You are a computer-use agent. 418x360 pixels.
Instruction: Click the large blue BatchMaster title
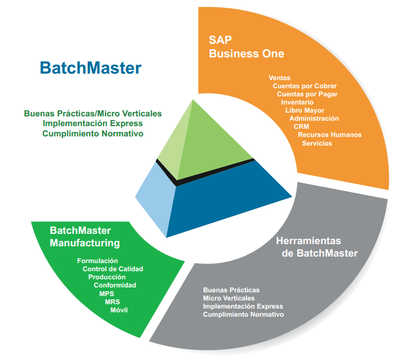click(90, 68)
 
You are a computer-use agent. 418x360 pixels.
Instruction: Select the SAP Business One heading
click(246, 47)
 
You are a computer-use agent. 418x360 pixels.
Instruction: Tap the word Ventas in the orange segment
click(279, 78)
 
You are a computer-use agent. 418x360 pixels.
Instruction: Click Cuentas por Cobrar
click(305, 86)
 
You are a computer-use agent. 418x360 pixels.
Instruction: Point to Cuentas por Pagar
click(307, 94)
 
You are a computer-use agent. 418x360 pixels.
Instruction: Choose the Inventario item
click(297, 102)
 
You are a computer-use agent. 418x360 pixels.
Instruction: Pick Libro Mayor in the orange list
click(305, 110)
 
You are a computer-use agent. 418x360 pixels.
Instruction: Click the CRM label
click(301, 127)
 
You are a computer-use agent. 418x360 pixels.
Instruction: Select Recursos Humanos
click(330, 135)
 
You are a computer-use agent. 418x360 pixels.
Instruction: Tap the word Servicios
click(317, 143)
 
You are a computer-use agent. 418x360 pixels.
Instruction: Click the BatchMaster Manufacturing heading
click(84, 237)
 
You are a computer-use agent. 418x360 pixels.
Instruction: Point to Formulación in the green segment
click(97, 261)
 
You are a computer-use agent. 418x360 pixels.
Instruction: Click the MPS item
click(107, 293)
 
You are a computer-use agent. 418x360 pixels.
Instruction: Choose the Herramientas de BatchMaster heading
click(317, 247)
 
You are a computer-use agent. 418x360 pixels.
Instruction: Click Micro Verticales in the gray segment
click(228, 298)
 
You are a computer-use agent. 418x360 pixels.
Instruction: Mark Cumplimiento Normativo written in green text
click(93, 133)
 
